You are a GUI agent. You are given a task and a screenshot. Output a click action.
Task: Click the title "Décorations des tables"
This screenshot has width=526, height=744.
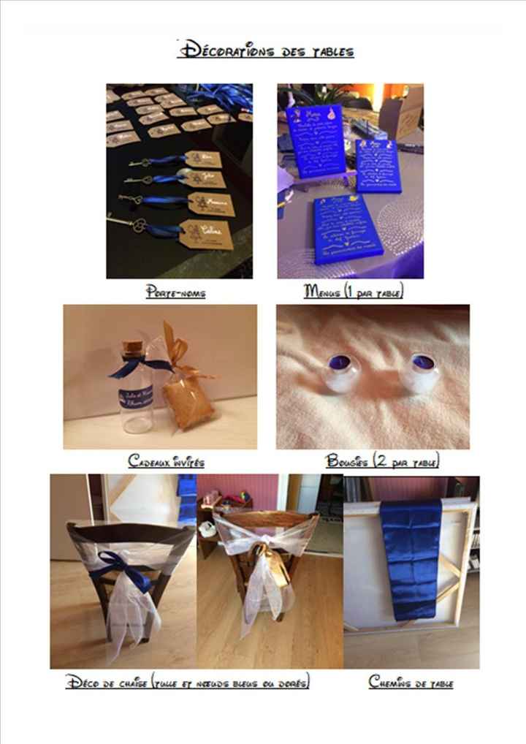point(266,50)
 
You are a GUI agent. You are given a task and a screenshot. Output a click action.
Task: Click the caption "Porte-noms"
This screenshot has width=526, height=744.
point(175,293)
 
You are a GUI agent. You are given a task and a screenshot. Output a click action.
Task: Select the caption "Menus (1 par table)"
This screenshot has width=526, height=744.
point(354,292)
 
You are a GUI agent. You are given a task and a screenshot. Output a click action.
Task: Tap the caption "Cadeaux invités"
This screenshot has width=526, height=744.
point(166,461)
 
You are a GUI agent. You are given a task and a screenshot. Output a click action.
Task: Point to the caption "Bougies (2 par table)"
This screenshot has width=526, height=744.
point(382,461)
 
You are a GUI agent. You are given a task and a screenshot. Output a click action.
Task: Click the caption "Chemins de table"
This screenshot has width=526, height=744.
point(411,683)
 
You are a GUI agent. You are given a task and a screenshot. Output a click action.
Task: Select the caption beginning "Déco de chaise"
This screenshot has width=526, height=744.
point(188,683)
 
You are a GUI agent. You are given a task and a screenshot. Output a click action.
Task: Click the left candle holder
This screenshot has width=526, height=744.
point(339,371)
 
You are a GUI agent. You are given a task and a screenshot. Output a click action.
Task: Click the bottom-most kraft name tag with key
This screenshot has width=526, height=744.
point(206,234)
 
